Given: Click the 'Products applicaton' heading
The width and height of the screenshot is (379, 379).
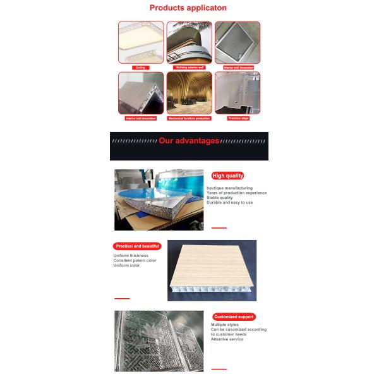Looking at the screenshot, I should [x=189, y=9].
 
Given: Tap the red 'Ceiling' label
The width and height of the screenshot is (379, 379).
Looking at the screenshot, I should [x=141, y=66].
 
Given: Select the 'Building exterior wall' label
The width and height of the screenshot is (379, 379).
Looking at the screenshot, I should [x=189, y=66].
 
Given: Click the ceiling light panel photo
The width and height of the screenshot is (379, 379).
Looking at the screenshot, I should [x=141, y=42].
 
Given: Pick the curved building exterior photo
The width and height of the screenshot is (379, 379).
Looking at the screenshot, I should [x=189, y=42].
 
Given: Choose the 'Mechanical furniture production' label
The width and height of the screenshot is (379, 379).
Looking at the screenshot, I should [x=189, y=117].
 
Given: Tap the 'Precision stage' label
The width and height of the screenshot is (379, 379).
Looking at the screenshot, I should [x=238, y=117].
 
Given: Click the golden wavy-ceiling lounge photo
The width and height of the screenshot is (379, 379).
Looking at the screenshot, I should [x=189, y=92].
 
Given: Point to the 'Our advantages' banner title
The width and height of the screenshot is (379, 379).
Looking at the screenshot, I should [x=189, y=141].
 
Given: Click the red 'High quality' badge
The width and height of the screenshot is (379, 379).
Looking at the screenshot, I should [x=228, y=176].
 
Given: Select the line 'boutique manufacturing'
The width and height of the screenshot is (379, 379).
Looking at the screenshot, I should [x=229, y=188].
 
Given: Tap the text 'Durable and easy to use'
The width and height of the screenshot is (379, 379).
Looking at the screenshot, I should [x=229, y=203].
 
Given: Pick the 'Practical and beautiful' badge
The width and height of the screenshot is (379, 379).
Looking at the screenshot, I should [x=137, y=246].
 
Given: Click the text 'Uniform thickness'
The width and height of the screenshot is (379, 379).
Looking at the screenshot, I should [x=131, y=255].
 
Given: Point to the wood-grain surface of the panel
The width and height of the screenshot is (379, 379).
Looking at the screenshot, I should [x=212, y=262].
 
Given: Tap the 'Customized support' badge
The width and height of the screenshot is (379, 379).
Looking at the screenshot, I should [x=233, y=316].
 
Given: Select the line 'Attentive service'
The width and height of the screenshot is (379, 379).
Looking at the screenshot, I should [x=227, y=339].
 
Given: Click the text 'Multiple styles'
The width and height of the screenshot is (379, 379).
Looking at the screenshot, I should [x=226, y=325].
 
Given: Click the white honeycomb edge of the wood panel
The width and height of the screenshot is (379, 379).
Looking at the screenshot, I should [x=212, y=292].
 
